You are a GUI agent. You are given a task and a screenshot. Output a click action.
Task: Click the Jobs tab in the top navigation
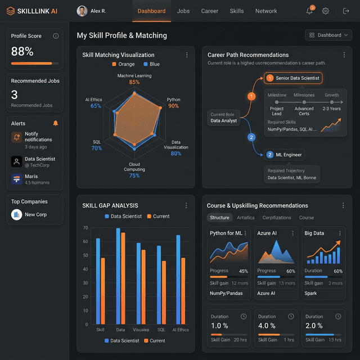coord(183,11)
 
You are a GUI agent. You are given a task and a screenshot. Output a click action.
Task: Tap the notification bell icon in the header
coord(309,11)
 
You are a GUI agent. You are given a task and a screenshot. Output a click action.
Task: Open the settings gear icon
coord(326,11)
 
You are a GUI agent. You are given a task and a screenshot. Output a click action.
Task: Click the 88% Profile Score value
coord(22,51)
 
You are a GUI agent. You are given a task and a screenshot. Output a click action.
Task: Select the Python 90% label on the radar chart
coord(173,103)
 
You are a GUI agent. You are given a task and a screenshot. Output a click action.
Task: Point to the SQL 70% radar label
coord(97,145)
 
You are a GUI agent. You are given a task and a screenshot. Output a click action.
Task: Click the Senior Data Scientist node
coord(293,78)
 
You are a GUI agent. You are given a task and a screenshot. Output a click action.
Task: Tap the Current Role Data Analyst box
coord(223,118)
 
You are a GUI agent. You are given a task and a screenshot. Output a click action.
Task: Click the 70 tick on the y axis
coord(85,228)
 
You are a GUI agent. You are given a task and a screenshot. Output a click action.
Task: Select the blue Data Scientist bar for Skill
coord(98,281)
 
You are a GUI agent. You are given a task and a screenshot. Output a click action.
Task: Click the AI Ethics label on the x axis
coord(181,330)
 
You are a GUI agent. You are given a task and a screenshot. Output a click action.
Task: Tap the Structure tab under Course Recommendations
coord(219,218)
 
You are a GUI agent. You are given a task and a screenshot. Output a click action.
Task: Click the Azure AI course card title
coord(268,233)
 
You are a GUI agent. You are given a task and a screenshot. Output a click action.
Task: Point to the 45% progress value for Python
coord(244,271)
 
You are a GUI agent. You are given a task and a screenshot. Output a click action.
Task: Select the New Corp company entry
coord(35,214)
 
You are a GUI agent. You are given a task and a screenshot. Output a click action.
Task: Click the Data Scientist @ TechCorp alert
coord(39,162)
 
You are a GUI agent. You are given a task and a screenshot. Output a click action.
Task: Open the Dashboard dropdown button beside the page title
coord(328,35)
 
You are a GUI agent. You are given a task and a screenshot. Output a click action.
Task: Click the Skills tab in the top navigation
coord(237,11)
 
